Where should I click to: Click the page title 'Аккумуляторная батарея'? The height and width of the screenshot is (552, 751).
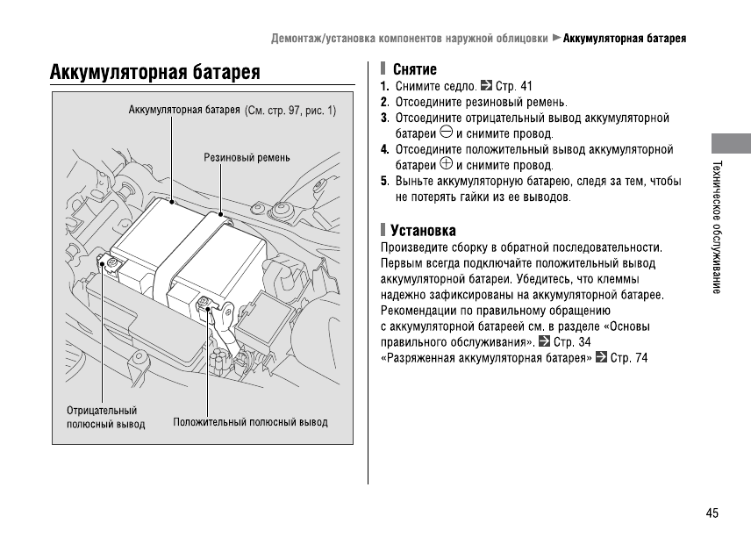(155, 72)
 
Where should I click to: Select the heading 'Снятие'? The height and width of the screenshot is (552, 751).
(415, 69)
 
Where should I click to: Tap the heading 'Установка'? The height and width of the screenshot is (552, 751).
(423, 231)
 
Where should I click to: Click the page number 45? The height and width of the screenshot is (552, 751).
(712, 513)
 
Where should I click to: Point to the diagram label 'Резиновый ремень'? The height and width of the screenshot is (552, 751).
(247, 158)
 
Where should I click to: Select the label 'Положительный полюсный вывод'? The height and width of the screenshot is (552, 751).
(250, 422)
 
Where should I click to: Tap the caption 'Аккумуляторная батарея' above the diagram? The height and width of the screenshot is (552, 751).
(184, 111)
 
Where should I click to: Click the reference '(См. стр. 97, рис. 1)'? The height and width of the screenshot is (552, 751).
(290, 111)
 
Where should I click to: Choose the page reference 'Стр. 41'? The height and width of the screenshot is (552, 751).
(514, 87)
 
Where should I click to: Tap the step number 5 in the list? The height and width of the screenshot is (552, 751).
(384, 182)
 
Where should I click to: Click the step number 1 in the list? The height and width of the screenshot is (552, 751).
(384, 87)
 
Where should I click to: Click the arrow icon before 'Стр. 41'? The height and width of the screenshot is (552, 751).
(488, 86)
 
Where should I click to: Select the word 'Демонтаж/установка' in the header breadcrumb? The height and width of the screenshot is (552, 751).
(321, 39)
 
